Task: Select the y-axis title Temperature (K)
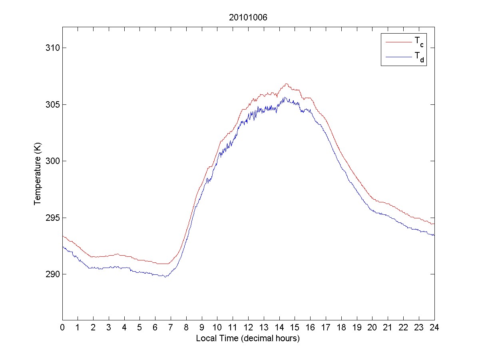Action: point(38,174)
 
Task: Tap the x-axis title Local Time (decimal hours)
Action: point(248,338)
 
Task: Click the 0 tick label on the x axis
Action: point(62,327)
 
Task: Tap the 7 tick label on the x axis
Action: point(171,327)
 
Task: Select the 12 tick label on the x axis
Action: point(248,327)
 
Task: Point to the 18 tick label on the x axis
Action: point(341,327)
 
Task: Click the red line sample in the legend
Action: point(398,42)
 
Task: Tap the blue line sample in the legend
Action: point(398,58)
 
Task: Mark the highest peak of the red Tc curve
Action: point(286,84)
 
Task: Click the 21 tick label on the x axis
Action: point(388,327)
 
